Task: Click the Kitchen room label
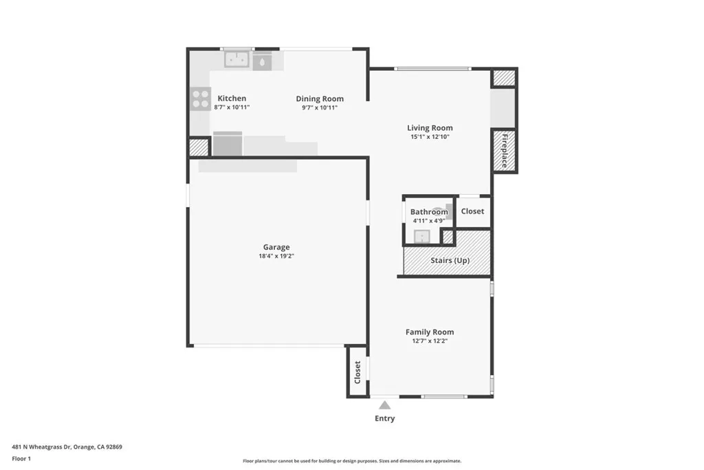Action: coord(232,98)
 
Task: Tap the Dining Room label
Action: coord(320,98)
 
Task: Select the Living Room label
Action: coord(430,127)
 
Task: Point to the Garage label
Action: coord(276,247)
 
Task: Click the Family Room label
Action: coord(430,332)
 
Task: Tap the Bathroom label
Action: coord(429,212)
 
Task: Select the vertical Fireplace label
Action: coord(504,151)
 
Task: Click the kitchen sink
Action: coord(238,60)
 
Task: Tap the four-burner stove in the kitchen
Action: coord(200,99)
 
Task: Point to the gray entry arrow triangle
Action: coord(385,405)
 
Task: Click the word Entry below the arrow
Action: coord(385,418)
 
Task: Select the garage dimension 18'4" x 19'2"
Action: coord(276,256)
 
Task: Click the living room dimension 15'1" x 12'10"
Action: coord(430,137)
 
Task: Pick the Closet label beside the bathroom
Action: coord(472,211)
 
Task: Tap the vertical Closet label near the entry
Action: coord(357,372)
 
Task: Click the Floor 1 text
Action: coord(21,458)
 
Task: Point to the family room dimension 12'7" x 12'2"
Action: coord(430,341)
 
